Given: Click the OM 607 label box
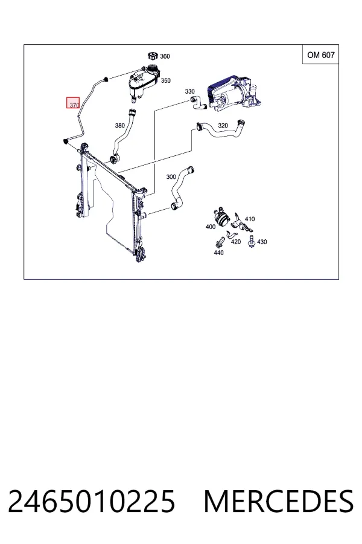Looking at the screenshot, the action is pyautogui.click(x=320, y=54).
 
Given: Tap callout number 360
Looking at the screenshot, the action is pyautogui.click(x=165, y=56).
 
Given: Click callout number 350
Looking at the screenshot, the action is pyautogui.click(x=165, y=80).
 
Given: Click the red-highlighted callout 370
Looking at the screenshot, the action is pyautogui.click(x=74, y=103).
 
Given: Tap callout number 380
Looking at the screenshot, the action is pyautogui.click(x=119, y=126).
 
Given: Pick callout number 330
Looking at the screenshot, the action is pyautogui.click(x=189, y=91).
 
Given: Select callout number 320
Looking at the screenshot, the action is pyautogui.click(x=223, y=125).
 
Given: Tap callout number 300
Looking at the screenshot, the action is pyautogui.click(x=171, y=176).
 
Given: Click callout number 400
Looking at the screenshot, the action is pyautogui.click(x=211, y=227).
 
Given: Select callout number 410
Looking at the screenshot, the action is pyautogui.click(x=250, y=219).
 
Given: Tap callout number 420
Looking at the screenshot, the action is pyautogui.click(x=235, y=241).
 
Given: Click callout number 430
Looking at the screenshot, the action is pyautogui.click(x=262, y=242).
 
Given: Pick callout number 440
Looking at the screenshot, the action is pyautogui.click(x=218, y=253).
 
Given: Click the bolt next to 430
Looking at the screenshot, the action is pyautogui.click(x=252, y=241).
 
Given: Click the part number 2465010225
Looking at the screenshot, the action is pyautogui.click(x=92, y=501).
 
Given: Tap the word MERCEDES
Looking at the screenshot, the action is pyautogui.click(x=279, y=501).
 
